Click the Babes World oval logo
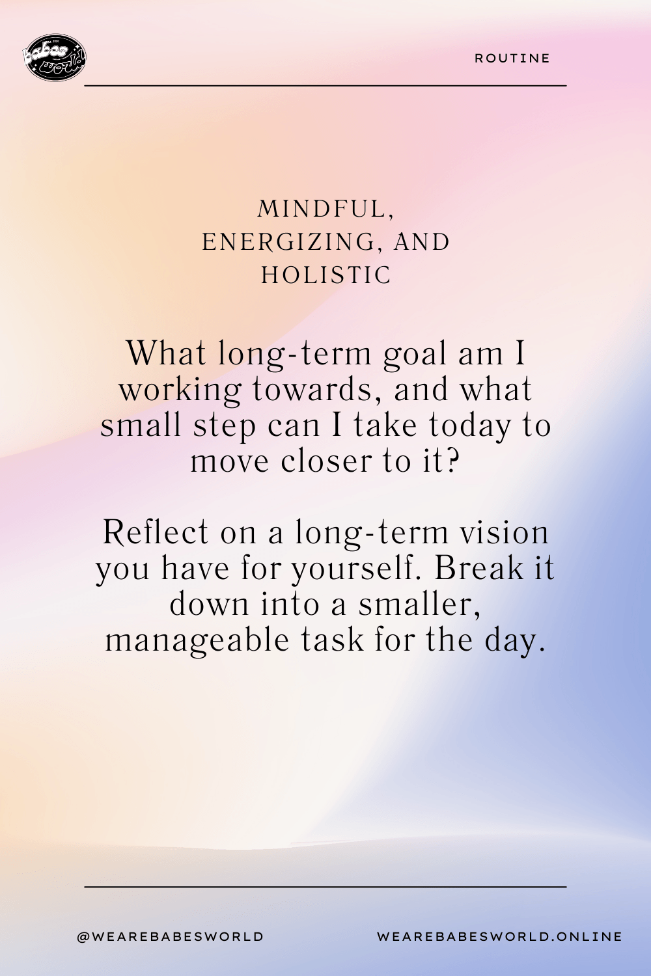tap(54, 57)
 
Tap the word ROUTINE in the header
tap(512, 59)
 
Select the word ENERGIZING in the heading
tap(288, 242)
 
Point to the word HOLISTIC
tap(325, 275)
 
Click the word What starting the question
tap(166, 353)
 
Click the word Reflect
tap(156, 532)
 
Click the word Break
tap(478, 568)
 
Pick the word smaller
tap(419, 604)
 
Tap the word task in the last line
tap(333, 640)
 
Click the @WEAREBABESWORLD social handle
tap(171, 936)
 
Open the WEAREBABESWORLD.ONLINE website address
tap(500, 936)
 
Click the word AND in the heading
tap(421, 242)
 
